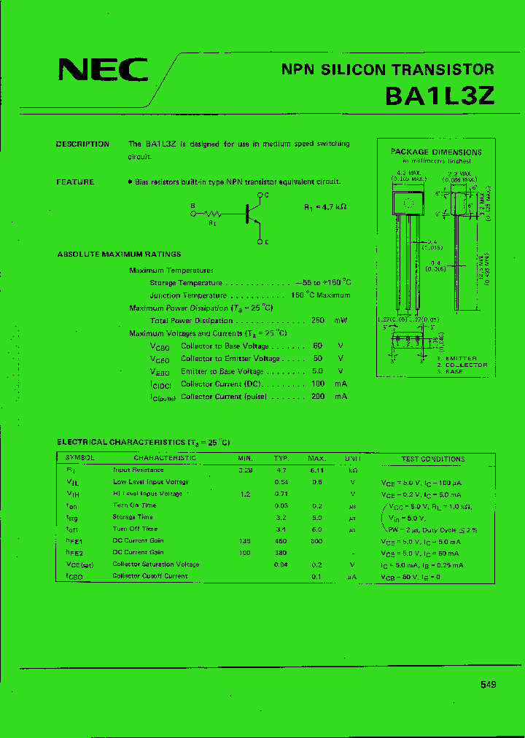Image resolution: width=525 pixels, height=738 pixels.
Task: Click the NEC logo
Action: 103,70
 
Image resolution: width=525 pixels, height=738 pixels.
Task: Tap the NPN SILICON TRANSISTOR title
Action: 387,70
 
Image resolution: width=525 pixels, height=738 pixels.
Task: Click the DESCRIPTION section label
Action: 82,144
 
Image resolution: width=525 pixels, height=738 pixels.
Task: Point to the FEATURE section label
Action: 75,182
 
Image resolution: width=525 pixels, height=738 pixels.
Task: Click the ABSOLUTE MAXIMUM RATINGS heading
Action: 119,255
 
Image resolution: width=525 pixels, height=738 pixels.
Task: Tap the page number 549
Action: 489,684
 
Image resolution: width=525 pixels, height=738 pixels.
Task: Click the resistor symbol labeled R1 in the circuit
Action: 213,214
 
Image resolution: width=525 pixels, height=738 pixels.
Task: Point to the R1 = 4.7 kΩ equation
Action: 325,207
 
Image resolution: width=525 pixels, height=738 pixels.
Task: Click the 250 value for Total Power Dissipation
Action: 318,321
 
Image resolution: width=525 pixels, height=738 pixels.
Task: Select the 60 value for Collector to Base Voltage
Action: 318,346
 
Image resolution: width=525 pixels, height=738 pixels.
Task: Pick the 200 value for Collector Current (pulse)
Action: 318,397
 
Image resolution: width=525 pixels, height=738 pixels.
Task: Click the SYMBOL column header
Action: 80,459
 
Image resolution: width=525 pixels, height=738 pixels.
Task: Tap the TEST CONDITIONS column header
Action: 432,459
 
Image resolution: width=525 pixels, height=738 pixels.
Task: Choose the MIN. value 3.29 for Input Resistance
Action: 245,470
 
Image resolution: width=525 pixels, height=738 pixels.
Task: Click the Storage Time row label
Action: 133,517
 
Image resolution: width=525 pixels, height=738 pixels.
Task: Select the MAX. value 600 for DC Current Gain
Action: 316,541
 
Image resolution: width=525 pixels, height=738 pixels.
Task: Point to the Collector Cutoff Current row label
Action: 149,576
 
